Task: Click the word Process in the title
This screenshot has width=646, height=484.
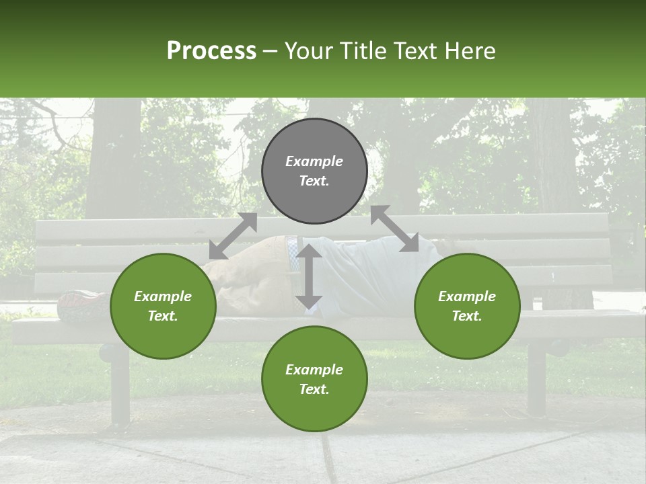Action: pos(211,51)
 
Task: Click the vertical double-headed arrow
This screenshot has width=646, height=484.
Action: pos(309,276)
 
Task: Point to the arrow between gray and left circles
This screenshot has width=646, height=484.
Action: pos(233,236)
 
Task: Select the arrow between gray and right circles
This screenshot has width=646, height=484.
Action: pos(395,229)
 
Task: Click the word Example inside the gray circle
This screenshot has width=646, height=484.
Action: pos(314,161)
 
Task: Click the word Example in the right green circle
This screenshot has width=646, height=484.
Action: pos(467,296)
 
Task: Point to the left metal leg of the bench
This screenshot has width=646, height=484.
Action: pos(120,387)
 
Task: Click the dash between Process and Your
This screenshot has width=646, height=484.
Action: pos(270,51)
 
